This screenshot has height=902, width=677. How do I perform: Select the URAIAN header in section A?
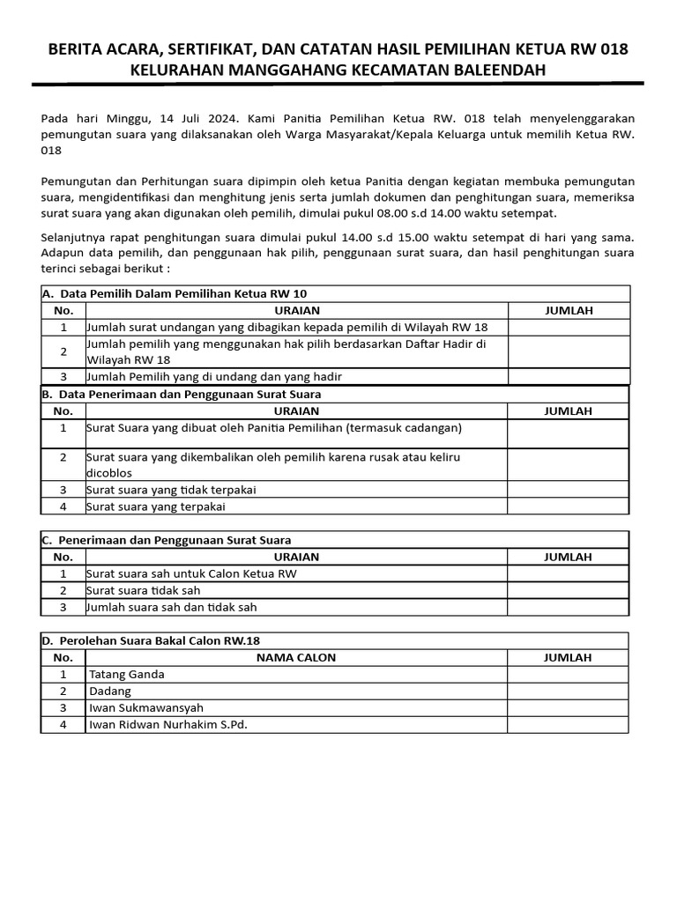coord(296,310)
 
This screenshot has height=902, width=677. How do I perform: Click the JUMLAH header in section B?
coord(568,410)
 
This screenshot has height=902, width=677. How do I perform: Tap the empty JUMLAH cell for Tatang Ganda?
coord(568,674)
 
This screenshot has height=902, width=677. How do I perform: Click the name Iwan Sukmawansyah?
coord(146,708)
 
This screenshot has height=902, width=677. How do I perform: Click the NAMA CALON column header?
coord(296,657)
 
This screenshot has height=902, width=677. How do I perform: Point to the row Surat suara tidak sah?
coord(143,590)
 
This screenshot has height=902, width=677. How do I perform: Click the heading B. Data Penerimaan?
coord(182,394)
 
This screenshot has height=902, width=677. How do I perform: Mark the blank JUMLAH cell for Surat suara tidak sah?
coord(568,590)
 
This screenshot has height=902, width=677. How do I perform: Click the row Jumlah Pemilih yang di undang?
coord(213,376)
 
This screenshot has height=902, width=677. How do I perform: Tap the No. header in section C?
coord(63,557)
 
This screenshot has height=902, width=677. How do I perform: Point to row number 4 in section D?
coord(63,725)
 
